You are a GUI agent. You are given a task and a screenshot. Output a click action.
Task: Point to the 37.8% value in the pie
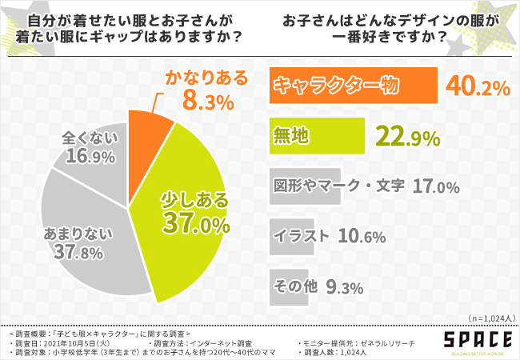coord(66,254)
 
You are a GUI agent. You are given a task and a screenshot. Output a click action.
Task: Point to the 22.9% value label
coord(407,137)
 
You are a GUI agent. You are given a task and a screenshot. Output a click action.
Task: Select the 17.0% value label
coord(436,186)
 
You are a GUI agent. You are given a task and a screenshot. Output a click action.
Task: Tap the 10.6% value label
coord(362,236)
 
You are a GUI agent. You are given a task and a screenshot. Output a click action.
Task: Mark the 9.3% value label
coord(346,286)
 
